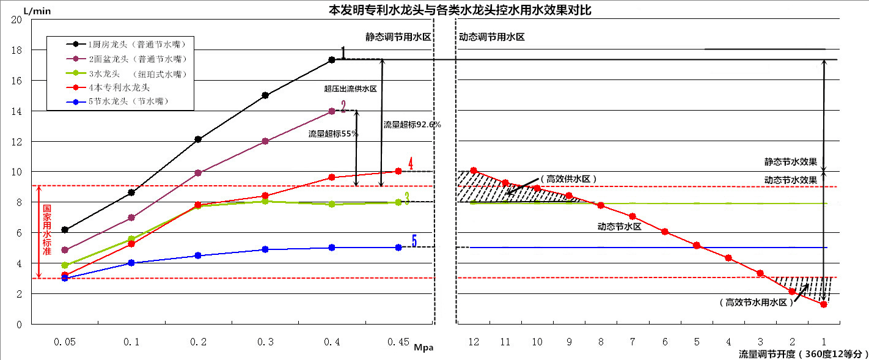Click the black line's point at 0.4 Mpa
pyautogui.click(x=332, y=60)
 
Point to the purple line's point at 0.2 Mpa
pyautogui.click(x=197, y=173)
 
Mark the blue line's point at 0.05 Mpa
pyautogui.click(x=65, y=278)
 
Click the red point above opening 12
pyautogui.click(x=474, y=171)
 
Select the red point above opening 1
pyautogui.click(x=824, y=304)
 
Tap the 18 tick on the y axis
pyautogui.click(x=17, y=50)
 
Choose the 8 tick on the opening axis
pyautogui.click(x=601, y=342)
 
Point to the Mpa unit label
pyautogui.click(x=424, y=347)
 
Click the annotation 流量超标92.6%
pyautogui.click(x=412, y=125)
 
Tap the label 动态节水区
pyautogui.click(x=618, y=227)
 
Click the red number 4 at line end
pyautogui.click(x=411, y=164)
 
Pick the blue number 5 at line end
pyautogui.click(x=414, y=242)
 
